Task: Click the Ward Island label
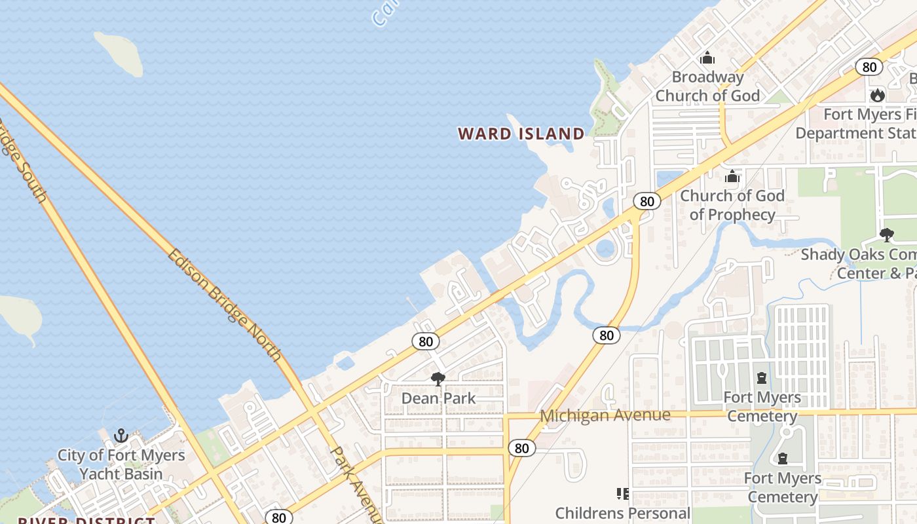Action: pos(521,134)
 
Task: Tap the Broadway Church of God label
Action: pos(707,86)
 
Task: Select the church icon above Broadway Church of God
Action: pos(707,58)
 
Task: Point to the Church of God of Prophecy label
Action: pos(732,205)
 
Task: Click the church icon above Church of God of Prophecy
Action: pos(732,176)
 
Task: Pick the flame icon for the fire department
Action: pos(877,96)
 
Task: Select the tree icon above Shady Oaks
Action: pos(886,234)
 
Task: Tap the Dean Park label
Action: pos(438,398)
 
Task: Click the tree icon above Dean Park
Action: pos(438,379)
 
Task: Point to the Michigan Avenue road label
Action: pos(605,415)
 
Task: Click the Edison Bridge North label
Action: pos(225,305)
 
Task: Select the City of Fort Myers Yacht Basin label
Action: pos(121,464)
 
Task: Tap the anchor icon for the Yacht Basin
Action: pos(121,436)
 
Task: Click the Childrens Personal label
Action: pos(622,513)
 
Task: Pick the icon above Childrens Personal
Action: pos(622,493)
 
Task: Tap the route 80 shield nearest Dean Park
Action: pos(426,341)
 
